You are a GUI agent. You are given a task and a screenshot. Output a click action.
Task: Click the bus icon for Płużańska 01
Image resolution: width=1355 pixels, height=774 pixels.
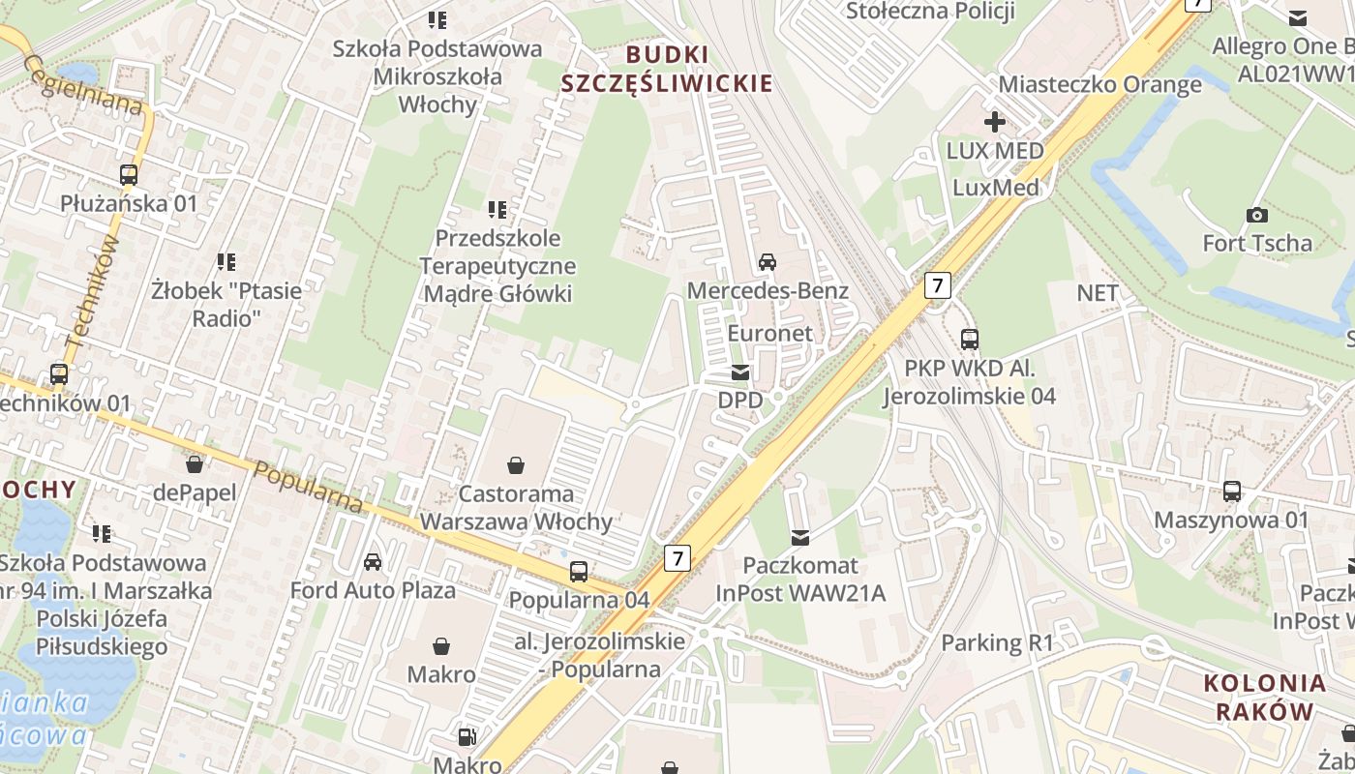[128, 175]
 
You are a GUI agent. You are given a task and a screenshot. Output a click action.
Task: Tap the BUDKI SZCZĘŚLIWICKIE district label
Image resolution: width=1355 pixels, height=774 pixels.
[667, 69]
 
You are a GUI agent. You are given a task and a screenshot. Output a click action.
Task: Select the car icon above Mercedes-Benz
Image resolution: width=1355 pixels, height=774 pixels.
[767, 262]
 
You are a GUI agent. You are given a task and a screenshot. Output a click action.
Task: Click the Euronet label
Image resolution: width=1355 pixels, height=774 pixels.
[769, 333]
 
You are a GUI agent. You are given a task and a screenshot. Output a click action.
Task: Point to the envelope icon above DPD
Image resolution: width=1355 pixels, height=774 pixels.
[739, 372]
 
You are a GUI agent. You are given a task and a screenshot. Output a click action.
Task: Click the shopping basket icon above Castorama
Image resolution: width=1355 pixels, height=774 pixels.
[516, 466]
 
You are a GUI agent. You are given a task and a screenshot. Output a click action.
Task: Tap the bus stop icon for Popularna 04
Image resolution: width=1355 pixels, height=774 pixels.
[578, 572]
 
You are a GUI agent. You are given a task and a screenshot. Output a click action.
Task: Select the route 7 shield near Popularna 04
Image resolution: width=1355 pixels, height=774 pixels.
[677, 557]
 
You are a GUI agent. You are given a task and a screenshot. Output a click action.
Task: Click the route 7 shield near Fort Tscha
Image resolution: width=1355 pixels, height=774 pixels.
[937, 284]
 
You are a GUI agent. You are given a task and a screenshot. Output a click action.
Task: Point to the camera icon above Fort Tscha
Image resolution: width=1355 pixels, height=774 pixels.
[1256, 215]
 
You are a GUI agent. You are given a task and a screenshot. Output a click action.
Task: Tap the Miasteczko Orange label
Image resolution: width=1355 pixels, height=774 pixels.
[1099, 84]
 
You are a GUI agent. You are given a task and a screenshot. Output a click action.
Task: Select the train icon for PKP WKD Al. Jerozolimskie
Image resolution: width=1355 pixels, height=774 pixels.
[969, 340]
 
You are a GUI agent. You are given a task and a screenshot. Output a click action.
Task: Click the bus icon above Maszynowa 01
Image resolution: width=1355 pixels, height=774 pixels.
[1231, 491]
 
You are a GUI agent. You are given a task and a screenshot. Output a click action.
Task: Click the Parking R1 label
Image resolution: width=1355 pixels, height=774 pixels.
[997, 642]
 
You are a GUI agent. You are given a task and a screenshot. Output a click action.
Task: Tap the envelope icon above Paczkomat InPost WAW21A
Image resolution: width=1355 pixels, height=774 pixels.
[799, 537]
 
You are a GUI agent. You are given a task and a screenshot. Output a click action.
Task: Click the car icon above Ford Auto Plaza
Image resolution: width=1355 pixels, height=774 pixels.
[372, 562]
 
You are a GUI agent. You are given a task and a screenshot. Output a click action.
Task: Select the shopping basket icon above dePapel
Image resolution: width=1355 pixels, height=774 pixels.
[195, 464]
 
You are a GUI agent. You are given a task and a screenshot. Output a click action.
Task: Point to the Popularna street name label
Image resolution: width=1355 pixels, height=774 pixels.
[308, 487]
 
